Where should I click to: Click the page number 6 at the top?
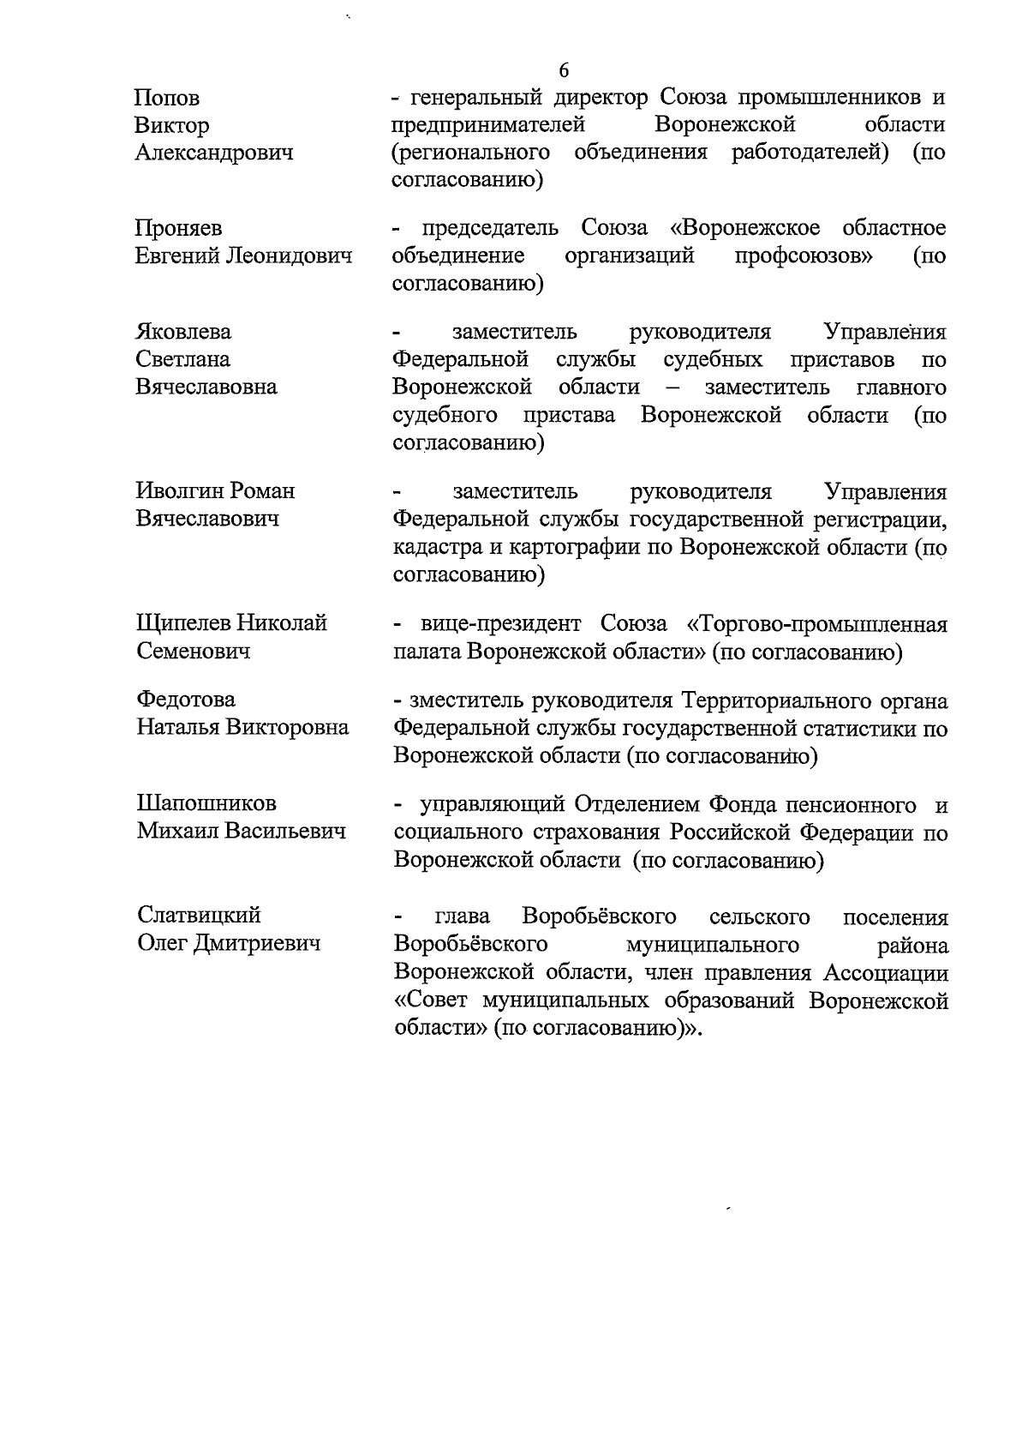tap(563, 70)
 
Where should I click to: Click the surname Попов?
tap(167, 98)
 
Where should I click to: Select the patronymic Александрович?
tap(214, 153)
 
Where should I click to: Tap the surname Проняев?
tap(178, 228)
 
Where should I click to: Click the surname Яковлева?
tap(183, 332)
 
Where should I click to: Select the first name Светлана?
tap(183, 359)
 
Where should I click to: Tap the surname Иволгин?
tap(179, 490)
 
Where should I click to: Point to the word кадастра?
tap(437, 547)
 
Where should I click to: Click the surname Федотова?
tap(186, 700)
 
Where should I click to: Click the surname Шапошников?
tap(206, 803)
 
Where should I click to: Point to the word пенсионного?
tap(852, 805)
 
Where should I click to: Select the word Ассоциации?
tap(886, 972)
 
